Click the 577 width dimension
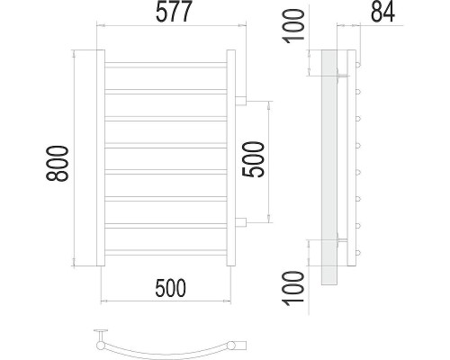[x=174, y=12]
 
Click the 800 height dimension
[x=58, y=164]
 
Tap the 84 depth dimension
[x=382, y=12]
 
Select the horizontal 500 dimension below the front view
[x=170, y=288]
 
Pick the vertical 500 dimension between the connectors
[x=254, y=159]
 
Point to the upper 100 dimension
[x=294, y=26]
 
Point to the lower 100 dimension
[x=294, y=288]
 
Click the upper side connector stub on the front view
[x=240, y=101]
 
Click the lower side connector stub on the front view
[x=240, y=222]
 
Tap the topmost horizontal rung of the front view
[x=166, y=65]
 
